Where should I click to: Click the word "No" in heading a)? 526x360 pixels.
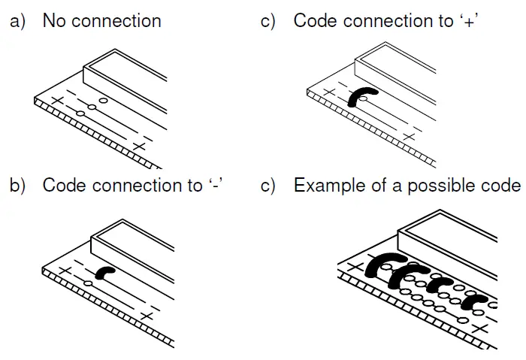tap(55, 20)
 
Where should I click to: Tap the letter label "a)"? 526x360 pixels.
tap(17, 21)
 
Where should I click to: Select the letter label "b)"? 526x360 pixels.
tap(17, 186)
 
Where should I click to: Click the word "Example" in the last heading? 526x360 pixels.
tap(326, 186)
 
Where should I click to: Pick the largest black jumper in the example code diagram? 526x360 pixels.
tap(382, 265)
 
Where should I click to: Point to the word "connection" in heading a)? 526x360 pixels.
tap(117, 20)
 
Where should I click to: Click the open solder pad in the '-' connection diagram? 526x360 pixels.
tap(88, 283)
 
